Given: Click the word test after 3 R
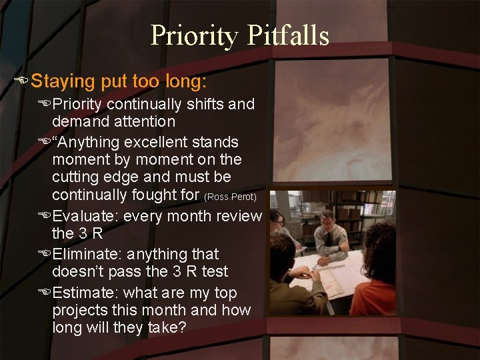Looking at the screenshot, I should click(213, 272).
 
